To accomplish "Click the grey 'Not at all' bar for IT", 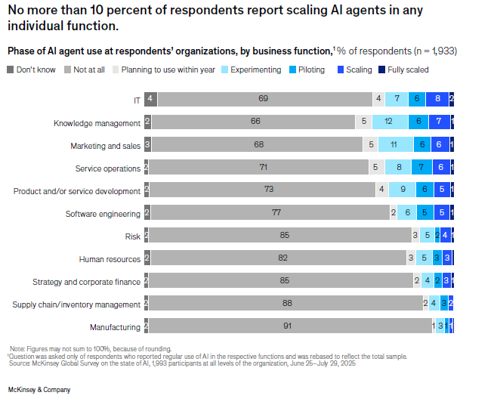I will click(264, 99).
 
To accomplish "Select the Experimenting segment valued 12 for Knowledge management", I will click(388, 122).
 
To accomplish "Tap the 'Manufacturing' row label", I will click(115, 327).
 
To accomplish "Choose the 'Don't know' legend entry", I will click(34, 70).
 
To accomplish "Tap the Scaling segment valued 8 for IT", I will click(438, 99).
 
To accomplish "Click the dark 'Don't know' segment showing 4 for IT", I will click(151, 99).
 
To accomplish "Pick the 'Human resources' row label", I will click(110, 259).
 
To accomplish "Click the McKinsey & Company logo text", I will click(39, 390).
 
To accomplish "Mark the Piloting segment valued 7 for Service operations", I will click(421, 168).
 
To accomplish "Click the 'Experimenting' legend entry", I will click(255, 70).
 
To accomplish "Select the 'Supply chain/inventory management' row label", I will click(76, 304).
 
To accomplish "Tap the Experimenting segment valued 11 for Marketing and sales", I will click(393, 145).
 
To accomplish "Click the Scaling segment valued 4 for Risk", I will click(446, 236).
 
